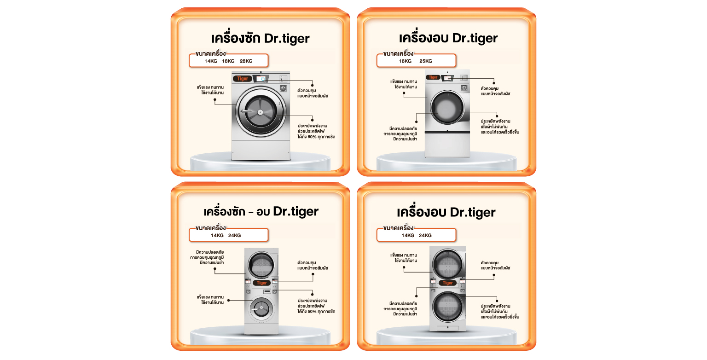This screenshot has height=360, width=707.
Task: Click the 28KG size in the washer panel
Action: click(246, 61)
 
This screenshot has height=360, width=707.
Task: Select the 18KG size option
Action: click(228, 61)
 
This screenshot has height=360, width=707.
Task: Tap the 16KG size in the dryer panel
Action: click(405, 61)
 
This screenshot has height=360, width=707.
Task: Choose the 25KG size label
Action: click(426, 61)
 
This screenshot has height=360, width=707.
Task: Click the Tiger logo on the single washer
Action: click(243, 79)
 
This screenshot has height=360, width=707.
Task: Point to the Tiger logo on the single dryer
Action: click(433, 77)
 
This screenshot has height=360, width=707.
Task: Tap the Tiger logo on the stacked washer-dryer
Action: click(261, 283)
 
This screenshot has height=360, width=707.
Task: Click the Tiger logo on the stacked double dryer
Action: click(447, 283)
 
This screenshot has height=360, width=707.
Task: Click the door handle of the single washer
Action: click(247, 111)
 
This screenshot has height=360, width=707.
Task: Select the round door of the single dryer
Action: click(447, 107)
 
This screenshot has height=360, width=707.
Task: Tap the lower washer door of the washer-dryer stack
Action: click(261, 308)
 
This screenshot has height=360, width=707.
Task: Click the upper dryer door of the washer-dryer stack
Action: click(261, 265)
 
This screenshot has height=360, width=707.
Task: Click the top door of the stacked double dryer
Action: click(447, 264)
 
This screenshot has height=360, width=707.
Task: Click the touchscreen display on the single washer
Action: click(261, 79)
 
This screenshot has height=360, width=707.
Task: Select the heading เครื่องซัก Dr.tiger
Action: click(261, 39)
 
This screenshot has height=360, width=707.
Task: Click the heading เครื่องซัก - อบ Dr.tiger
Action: click(261, 211)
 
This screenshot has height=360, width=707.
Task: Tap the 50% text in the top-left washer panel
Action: click(312, 137)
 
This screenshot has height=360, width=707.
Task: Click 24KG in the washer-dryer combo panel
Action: click(234, 235)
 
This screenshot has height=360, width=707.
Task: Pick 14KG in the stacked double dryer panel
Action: click(408, 235)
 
